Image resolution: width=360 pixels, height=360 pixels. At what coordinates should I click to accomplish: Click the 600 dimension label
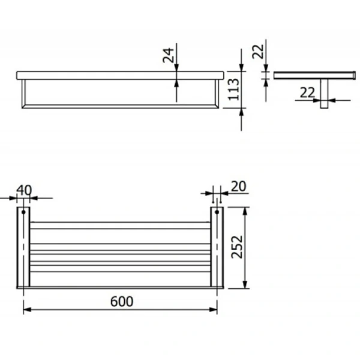point(122,301)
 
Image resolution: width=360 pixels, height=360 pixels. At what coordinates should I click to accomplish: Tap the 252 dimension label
point(237,247)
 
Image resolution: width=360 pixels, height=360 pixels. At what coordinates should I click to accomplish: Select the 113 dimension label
point(233,89)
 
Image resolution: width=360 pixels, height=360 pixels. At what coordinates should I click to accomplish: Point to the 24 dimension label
point(168,55)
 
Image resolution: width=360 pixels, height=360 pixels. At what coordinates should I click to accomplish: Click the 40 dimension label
point(24,190)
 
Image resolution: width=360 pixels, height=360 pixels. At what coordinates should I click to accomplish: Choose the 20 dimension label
point(238,186)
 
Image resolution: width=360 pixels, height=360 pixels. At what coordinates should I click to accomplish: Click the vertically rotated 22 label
point(258,52)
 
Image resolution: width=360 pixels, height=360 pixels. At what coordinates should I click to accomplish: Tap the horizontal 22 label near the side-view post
point(307,93)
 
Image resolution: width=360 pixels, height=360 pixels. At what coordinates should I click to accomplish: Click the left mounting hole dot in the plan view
point(23,212)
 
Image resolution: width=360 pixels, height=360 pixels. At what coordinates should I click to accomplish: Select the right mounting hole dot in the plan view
point(217,212)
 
